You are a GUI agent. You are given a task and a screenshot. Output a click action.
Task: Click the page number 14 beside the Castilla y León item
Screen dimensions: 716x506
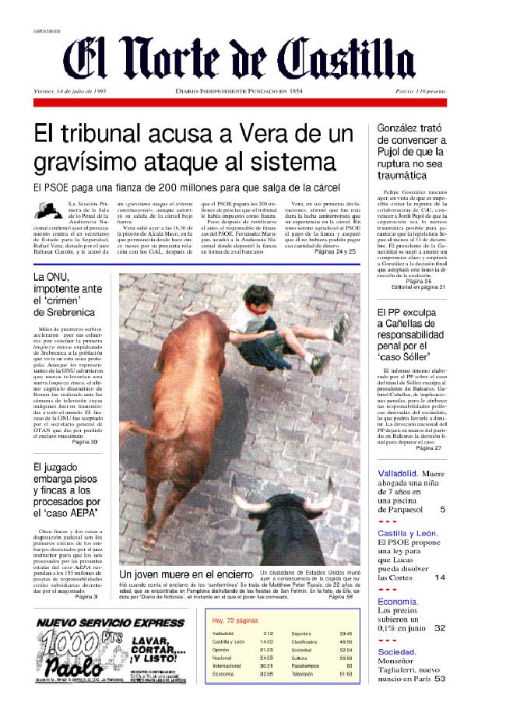tap(440, 577)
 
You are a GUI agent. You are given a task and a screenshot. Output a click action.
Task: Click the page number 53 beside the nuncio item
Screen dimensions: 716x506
tap(440, 678)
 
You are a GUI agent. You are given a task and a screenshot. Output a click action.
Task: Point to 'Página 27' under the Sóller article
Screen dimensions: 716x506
tap(428, 448)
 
